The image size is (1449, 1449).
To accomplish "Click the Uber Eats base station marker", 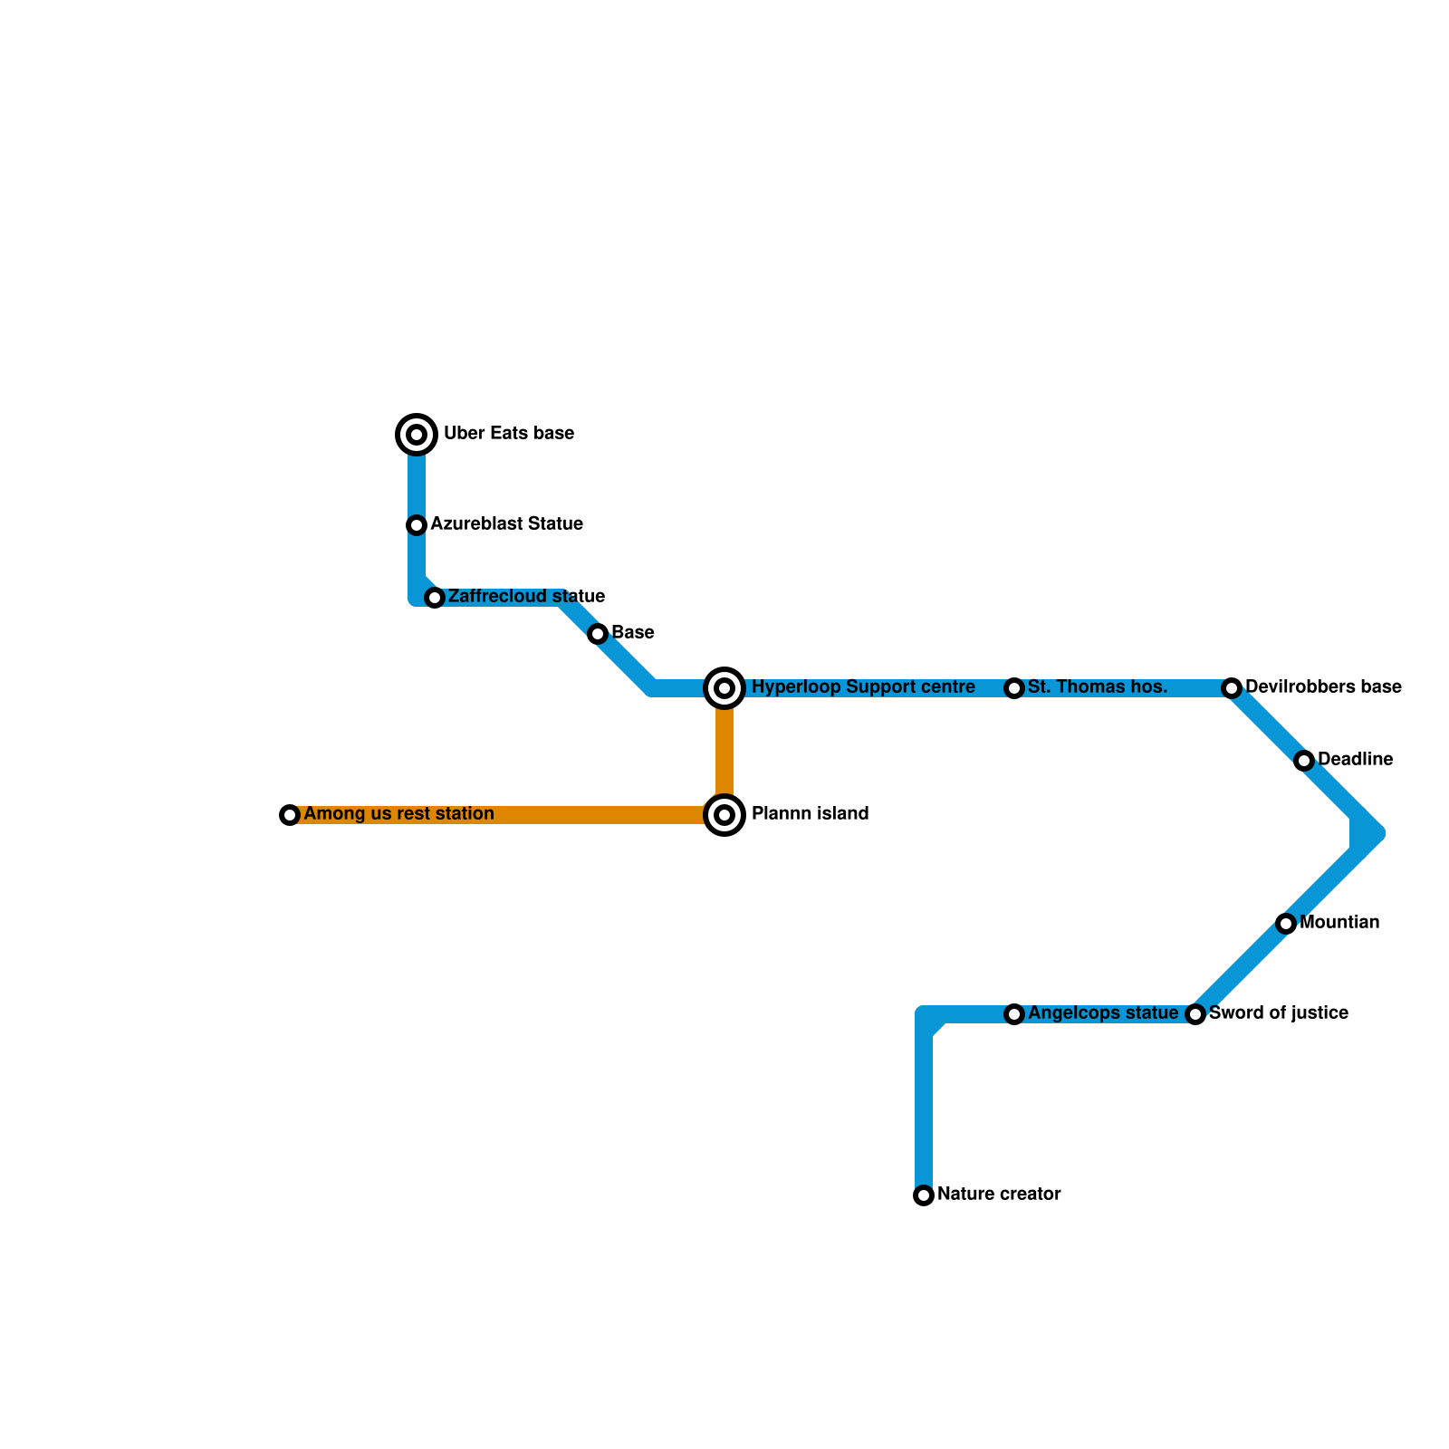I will point(417,435).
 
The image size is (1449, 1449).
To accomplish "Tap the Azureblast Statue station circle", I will point(417,525).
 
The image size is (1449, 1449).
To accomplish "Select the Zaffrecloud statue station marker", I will point(435,598).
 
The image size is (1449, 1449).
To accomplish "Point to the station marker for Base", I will point(598,634).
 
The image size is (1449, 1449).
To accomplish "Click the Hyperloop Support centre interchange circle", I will point(724,688).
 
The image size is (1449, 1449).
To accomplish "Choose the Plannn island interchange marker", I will point(724,815).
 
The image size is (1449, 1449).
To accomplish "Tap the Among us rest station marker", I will point(290,815).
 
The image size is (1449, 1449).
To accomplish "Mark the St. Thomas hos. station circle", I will point(1014,688).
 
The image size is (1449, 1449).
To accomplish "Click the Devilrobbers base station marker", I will point(1232,688).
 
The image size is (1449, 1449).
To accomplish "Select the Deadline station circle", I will point(1304,761).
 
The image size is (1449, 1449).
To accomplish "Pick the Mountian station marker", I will point(1286,924).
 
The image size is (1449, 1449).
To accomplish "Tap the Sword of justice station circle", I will point(1195,1014).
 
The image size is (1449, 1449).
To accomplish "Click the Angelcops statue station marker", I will point(1014,1014).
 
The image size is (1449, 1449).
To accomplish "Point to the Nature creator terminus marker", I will point(924,1195).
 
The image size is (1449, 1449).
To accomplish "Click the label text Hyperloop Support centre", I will point(863,687).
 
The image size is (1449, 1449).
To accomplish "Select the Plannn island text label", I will point(810,814).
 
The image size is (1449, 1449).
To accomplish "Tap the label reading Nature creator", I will point(999,1195).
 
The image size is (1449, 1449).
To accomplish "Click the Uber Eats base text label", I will point(508,434).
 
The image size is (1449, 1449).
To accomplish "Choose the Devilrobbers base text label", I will point(1323,687).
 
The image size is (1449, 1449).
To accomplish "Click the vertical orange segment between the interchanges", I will point(724,752).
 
